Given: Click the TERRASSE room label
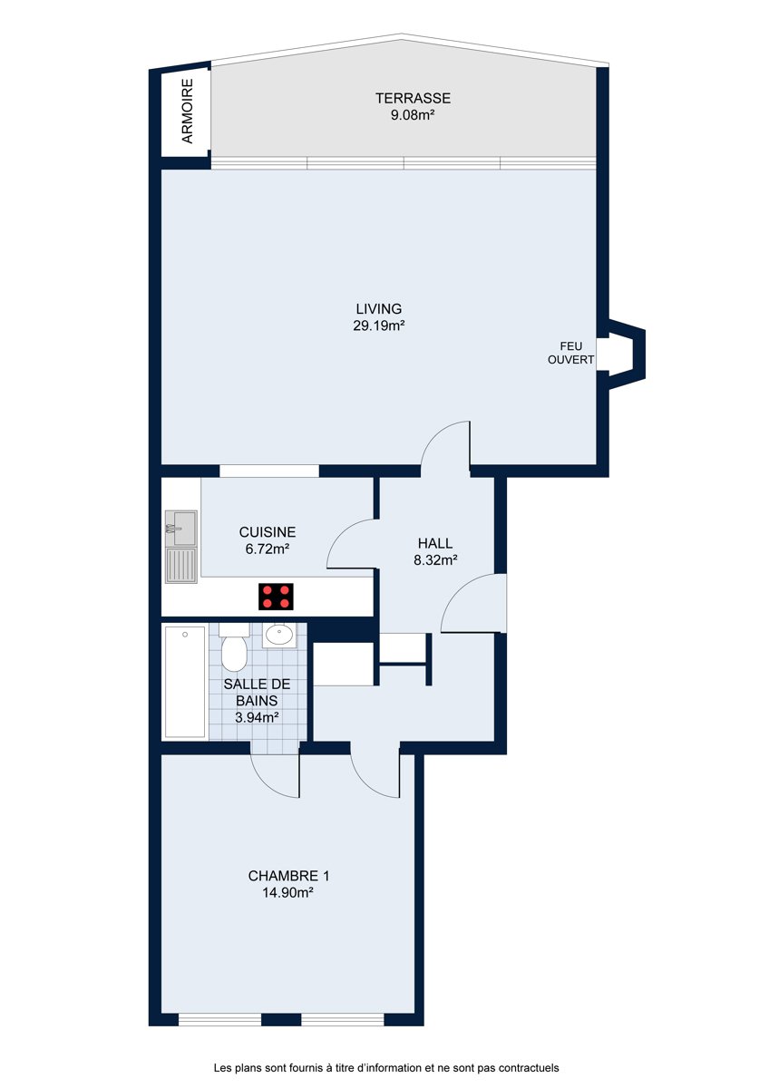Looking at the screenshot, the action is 413,98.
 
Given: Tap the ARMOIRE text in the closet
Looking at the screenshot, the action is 187,112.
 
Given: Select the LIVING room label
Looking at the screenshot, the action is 379,309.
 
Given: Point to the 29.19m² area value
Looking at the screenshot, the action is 379,325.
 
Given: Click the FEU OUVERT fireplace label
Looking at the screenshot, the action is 570,353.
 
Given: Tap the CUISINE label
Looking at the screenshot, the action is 268,532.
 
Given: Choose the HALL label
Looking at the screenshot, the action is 435,543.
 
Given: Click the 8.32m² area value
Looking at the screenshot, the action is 435,560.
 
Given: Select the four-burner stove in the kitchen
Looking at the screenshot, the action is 276,597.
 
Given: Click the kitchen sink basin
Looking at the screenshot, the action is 181,528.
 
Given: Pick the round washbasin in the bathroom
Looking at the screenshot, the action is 278,636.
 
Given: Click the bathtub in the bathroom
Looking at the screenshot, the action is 185,682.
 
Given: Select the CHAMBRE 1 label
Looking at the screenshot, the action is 288,876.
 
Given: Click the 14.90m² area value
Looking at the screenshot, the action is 287,893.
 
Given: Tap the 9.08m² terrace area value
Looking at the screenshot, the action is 413,115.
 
